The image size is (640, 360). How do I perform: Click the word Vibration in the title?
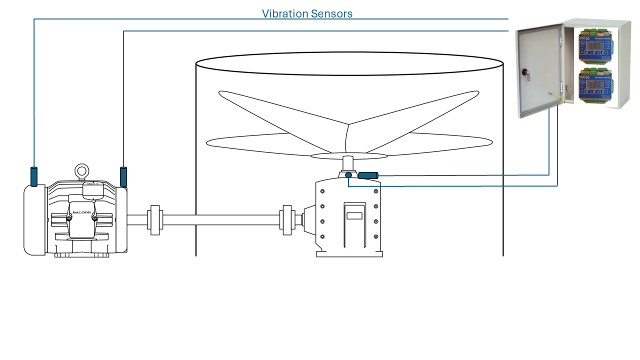click(x=284, y=13)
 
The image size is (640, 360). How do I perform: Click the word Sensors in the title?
click(x=331, y=13)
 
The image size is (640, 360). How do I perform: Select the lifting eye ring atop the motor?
click(x=81, y=171)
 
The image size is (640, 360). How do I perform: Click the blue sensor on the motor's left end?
click(x=34, y=176)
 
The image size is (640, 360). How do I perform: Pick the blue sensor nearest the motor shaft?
click(x=123, y=176)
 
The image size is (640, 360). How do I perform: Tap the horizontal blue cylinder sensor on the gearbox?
click(x=368, y=175)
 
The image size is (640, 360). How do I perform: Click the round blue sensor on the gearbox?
click(x=348, y=175)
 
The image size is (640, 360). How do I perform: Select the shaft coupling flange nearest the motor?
click(x=154, y=220)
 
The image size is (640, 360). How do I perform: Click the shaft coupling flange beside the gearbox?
click(x=287, y=220)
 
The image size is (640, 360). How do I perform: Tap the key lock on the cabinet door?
click(x=525, y=73)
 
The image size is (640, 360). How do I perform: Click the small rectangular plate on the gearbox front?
click(x=354, y=216)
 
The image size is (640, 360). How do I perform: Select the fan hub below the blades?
click(x=347, y=163)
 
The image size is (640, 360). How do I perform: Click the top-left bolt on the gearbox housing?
click(x=322, y=191)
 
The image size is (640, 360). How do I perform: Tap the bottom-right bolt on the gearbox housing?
click(x=375, y=236)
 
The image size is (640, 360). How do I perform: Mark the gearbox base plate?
click(x=349, y=254)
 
